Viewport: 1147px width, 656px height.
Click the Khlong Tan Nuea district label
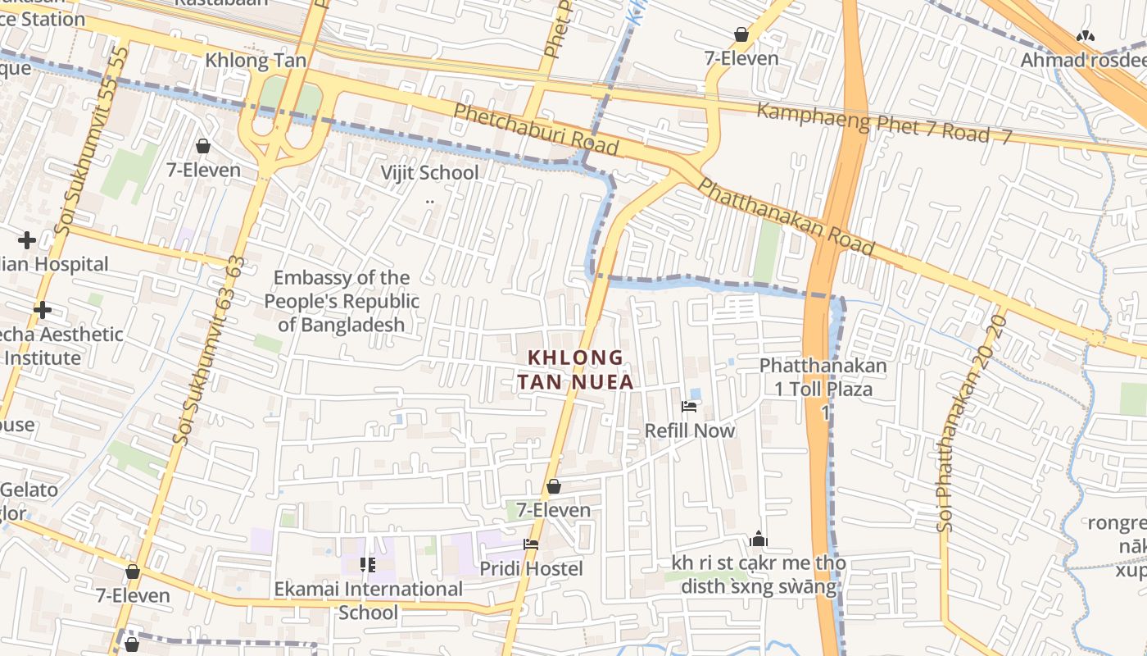tap(575, 370)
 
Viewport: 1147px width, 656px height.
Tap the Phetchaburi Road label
tap(536, 130)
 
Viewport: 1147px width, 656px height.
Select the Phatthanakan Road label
tap(786, 216)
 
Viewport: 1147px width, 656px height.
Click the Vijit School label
tap(429, 173)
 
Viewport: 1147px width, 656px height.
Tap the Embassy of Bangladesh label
tap(342, 301)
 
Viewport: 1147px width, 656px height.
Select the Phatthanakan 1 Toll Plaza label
tap(823, 377)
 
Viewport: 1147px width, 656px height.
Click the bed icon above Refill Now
tap(689, 407)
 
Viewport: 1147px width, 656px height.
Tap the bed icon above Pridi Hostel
tap(531, 544)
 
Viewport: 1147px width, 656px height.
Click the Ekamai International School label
tap(368, 600)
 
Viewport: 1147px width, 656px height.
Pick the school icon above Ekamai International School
tap(368, 564)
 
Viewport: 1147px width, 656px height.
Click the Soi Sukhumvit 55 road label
tap(92, 141)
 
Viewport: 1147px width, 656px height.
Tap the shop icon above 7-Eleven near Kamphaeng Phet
tap(741, 34)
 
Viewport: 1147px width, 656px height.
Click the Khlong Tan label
tap(256, 60)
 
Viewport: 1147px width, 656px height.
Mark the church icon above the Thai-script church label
tap(758, 539)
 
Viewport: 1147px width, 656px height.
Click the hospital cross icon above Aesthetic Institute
tap(43, 310)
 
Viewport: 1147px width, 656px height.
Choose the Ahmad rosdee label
tap(1083, 60)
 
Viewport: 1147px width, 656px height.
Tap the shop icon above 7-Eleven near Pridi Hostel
tap(554, 486)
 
